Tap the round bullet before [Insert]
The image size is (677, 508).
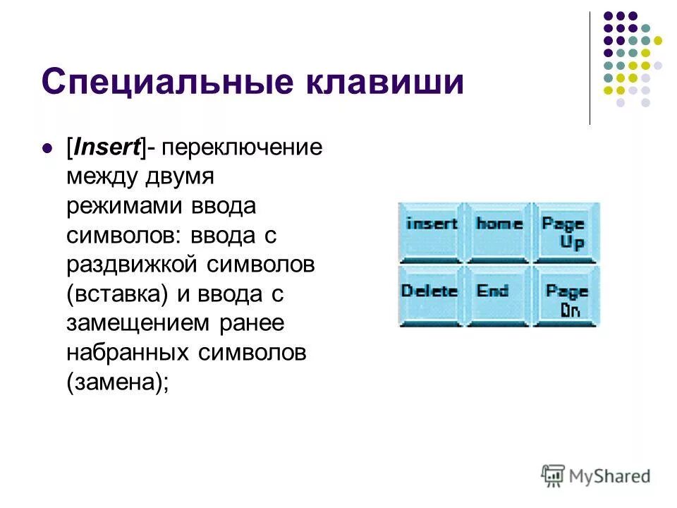coord(48,148)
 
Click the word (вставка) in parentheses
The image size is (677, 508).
coord(117,294)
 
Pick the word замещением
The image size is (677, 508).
coord(140,323)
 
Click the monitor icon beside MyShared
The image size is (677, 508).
coord(552,476)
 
